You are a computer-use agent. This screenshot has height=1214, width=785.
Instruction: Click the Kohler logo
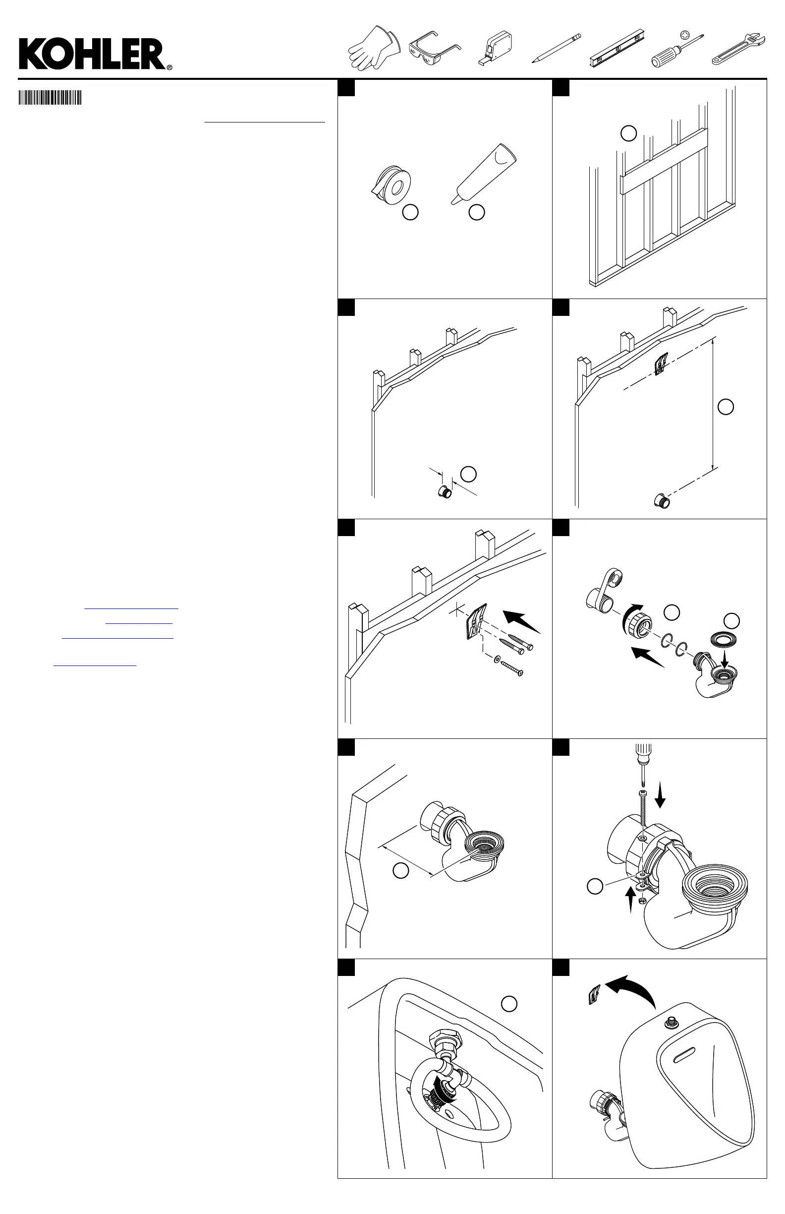[95, 55]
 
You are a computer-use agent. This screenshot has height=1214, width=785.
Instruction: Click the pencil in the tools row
[556, 48]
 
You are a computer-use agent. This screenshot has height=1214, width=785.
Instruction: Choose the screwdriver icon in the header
[677, 50]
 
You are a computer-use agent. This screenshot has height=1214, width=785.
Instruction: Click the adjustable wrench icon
[737, 49]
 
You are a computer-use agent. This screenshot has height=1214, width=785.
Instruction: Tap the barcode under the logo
[50, 97]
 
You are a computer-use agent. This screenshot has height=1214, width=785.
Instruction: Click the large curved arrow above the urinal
[632, 988]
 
